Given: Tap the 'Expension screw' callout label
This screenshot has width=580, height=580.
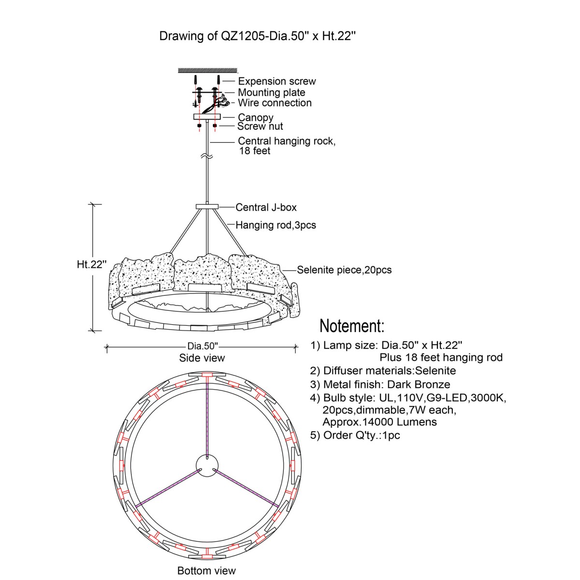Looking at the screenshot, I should [x=276, y=81].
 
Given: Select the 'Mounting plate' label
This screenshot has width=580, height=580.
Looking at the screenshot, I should [x=271, y=92].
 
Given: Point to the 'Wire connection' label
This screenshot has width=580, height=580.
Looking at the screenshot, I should [x=275, y=102].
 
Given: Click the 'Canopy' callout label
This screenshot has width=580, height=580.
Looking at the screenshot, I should [x=256, y=117].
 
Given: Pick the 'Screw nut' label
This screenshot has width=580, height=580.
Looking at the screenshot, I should [x=260, y=127].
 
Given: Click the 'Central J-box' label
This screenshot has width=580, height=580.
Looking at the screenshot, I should [x=266, y=207].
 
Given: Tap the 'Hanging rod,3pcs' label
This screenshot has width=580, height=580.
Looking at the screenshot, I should [x=275, y=225].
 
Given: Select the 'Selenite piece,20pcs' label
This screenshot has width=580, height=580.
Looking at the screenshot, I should [x=344, y=270].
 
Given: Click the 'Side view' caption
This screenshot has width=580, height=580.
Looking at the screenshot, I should [x=202, y=358].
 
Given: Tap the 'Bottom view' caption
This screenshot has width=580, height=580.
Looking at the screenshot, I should [x=206, y=570].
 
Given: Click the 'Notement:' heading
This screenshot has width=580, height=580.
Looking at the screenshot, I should [x=352, y=326].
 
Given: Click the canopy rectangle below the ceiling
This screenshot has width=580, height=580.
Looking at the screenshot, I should [x=207, y=117].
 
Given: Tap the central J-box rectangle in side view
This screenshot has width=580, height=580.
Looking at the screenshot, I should [x=207, y=207].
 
